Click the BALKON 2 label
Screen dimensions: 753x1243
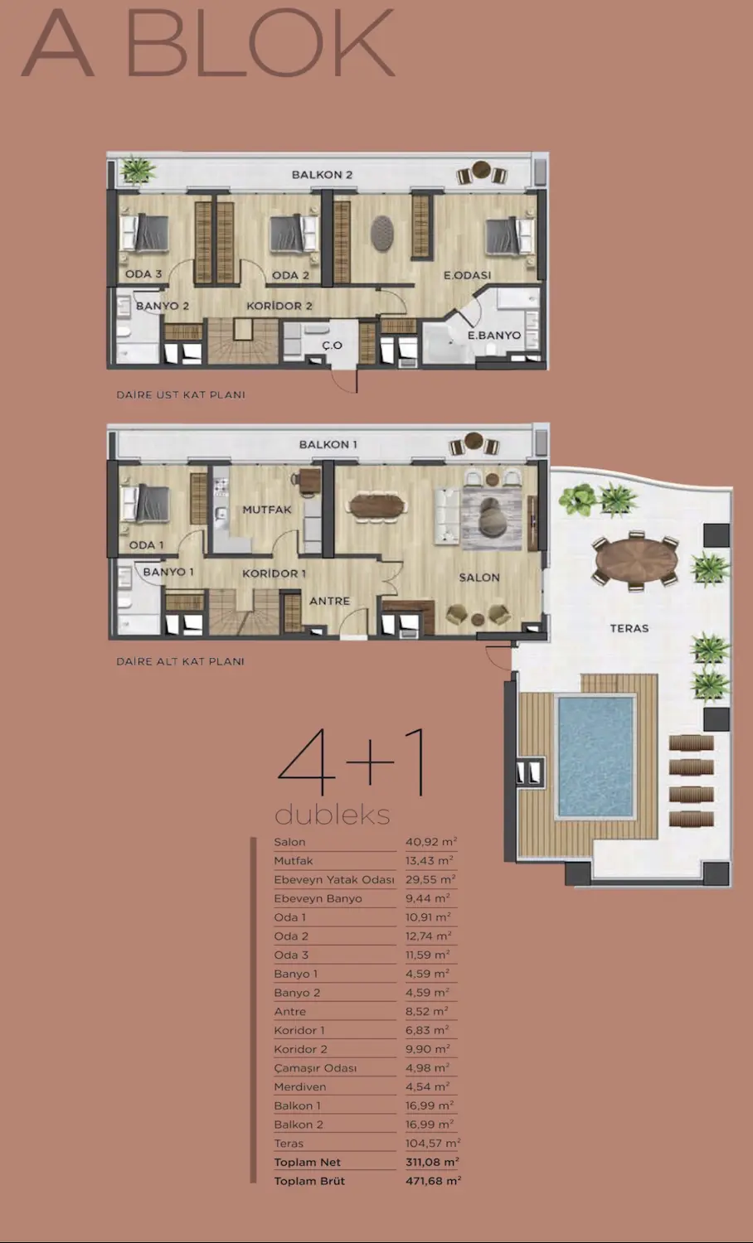click(x=322, y=174)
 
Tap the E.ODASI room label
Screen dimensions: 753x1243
click(x=467, y=274)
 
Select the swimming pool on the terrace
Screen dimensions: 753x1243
click(x=595, y=757)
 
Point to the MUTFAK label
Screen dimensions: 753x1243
click(x=267, y=510)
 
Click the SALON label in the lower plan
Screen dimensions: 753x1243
click(x=479, y=578)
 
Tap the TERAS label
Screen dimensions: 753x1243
click(x=629, y=628)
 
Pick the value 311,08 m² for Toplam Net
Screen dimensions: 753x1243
click(x=432, y=1162)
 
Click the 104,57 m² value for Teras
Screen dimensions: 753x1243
click(x=433, y=1143)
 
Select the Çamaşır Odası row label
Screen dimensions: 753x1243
click(x=315, y=1067)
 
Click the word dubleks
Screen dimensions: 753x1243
click(x=332, y=815)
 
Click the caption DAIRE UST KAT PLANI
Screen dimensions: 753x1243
click(x=181, y=394)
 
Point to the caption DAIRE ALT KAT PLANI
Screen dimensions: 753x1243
click(x=180, y=661)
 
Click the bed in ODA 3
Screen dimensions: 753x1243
click(x=144, y=233)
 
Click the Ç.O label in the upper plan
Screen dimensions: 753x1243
click(x=332, y=346)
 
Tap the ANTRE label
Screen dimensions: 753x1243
click(x=330, y=601)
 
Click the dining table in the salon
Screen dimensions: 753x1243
click(x=377, y=506)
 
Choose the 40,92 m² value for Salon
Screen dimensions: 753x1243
click(x=431, y=842)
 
